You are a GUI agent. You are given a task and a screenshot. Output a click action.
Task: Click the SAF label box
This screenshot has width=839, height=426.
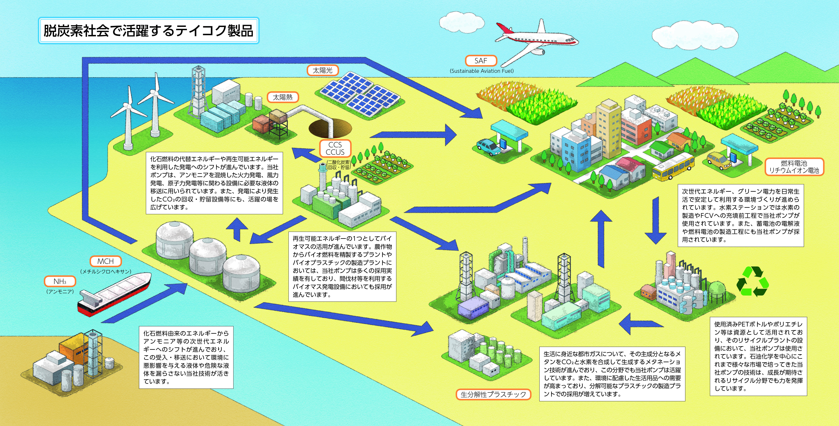481,61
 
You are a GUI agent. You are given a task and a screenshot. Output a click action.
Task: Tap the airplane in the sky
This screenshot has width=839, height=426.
534,41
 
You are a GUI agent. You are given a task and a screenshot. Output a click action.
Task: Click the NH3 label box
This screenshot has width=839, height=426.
60,281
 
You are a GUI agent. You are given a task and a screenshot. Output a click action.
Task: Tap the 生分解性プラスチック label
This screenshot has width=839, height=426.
493,394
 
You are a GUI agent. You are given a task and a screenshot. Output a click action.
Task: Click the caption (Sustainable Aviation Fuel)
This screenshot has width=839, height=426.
481,71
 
